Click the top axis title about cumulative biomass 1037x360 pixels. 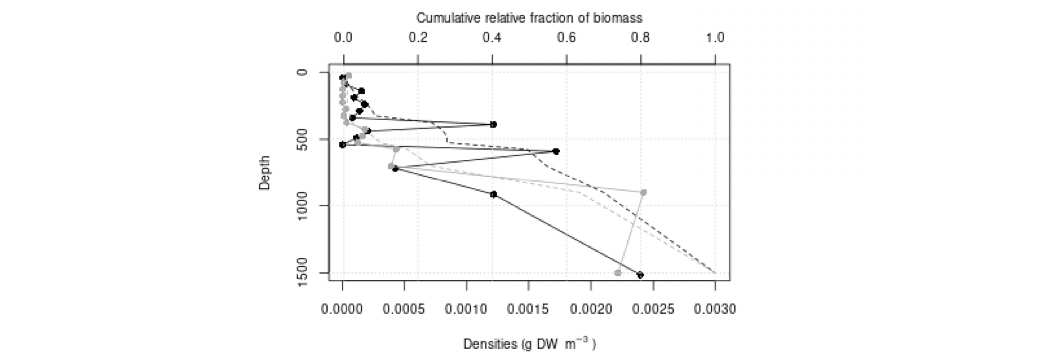click(x=529, y=18)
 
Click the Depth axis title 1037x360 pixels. click(x=264, y=173)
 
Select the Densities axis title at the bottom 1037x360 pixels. click(x=529, y=344)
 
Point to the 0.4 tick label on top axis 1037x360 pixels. click(x=492, y=38)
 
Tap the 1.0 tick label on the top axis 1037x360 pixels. click(x=715, y=38)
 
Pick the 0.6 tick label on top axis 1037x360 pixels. click(x=566, y=38)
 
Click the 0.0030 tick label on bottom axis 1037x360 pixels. click(x=715, y=310)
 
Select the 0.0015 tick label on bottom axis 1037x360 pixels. click(x=528, y=310)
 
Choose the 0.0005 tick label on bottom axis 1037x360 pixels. click(x=404, y=310)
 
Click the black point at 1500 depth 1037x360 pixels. click(x=640, y=275)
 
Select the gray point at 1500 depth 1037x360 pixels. click(x=618, y=273)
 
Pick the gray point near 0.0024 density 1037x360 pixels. click(x=643, y=192)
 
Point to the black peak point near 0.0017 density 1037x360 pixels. click(x=556, y=151)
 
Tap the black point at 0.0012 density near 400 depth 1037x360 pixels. click(x=493, y=124)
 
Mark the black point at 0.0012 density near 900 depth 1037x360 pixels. click(x=493, y=194)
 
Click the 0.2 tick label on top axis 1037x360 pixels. click(x=418, y=38)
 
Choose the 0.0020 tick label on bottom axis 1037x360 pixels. click(x=591, y=310)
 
